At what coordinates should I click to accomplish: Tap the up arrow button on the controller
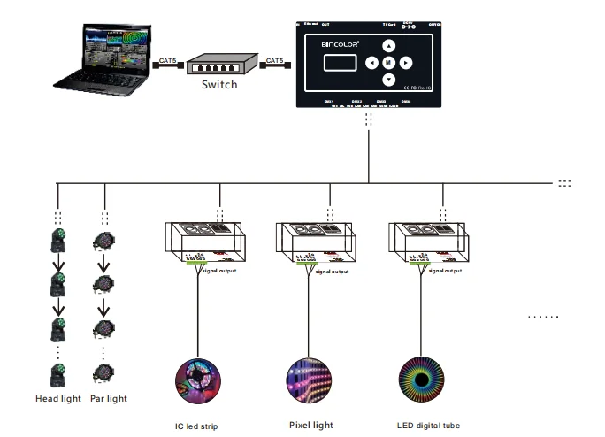coord(388,46)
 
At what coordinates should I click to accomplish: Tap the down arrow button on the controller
coord(388,80)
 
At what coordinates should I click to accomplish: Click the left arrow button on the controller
coord(371,63)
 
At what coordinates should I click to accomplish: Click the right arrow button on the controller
coord(405,63)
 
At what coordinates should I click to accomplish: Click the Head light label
coord(59,399)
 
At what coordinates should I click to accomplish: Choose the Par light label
coord(108,399)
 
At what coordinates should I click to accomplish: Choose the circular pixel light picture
coord(309,378)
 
